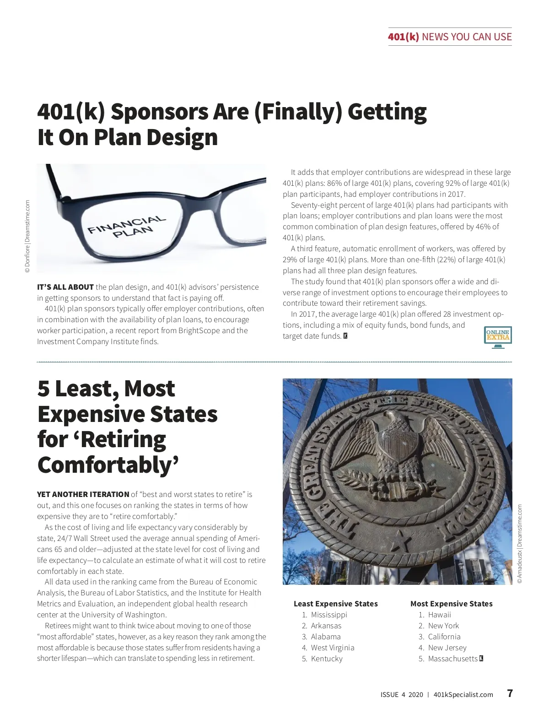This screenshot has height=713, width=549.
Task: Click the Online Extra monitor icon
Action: tap(498, 337)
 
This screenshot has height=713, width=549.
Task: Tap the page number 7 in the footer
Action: tap(510, 693)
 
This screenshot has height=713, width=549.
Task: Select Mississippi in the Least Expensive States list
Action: tap(329, 615)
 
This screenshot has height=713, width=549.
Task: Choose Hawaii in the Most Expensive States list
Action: tap(439, 615)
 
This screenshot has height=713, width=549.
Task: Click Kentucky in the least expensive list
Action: tap(327, 659)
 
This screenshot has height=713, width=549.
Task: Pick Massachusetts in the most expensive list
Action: tap(452, 659)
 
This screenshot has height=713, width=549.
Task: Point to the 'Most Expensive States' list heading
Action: tap(451, 604)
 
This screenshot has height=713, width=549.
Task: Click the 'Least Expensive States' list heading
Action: tap(335, 604)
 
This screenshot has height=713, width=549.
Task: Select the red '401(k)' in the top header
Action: tap(403, 37)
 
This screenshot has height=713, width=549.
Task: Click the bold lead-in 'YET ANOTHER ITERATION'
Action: tap(83, 494)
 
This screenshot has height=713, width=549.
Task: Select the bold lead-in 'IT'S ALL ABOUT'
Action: tap(65, 287)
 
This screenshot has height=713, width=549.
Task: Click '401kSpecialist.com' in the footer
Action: tap(463, 694)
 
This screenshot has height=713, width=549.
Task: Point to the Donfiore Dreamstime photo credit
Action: tap(27, 237)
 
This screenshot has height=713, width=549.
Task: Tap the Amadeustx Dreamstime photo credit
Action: tap(519, 544)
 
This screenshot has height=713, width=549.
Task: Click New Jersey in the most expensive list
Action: tap(447, 648)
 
